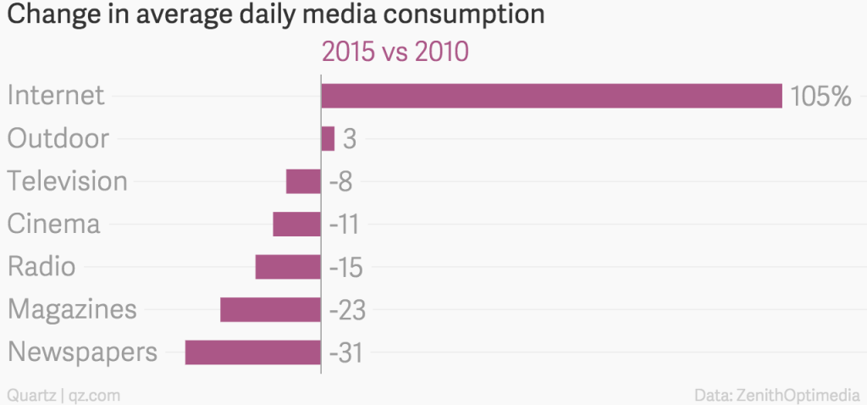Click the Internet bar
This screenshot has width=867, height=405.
point(550,96)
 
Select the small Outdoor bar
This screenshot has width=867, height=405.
point(328,138)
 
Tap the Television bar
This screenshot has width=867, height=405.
point(303,181)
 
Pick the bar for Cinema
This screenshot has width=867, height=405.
point(296,224)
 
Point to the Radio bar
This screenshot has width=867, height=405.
point(288,267)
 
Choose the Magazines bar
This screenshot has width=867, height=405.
point(270,309)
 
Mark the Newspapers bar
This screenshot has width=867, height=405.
point(252,352)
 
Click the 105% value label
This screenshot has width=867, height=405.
point(820,97)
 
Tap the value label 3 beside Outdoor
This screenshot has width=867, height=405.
point(349,139)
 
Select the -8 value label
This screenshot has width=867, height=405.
point(345,182)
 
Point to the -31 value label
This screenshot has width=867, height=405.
point(345,352)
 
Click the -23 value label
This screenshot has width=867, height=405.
point(346,310)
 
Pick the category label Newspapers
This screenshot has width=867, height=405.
point(82,352)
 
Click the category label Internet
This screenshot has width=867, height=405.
point(56,95)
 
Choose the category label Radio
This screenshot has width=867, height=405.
point(41,267)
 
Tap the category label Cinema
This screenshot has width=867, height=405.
point(54,224)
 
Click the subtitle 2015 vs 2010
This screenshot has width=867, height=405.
point(395,53)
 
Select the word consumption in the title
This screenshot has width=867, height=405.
point(454,15)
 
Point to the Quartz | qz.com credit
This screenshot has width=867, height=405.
point(64,394)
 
